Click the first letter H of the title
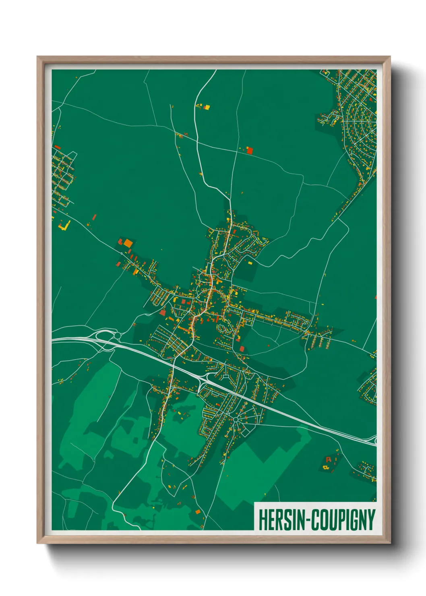point(262,520)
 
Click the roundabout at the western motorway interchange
point(117,335)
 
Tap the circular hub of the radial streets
point(235,420)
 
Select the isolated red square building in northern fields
point(250,151)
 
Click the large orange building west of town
point(128,243)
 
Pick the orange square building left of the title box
point(198,512)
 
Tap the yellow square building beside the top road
point(207,107)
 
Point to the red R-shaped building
point(329,459)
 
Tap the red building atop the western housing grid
point(57,147)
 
